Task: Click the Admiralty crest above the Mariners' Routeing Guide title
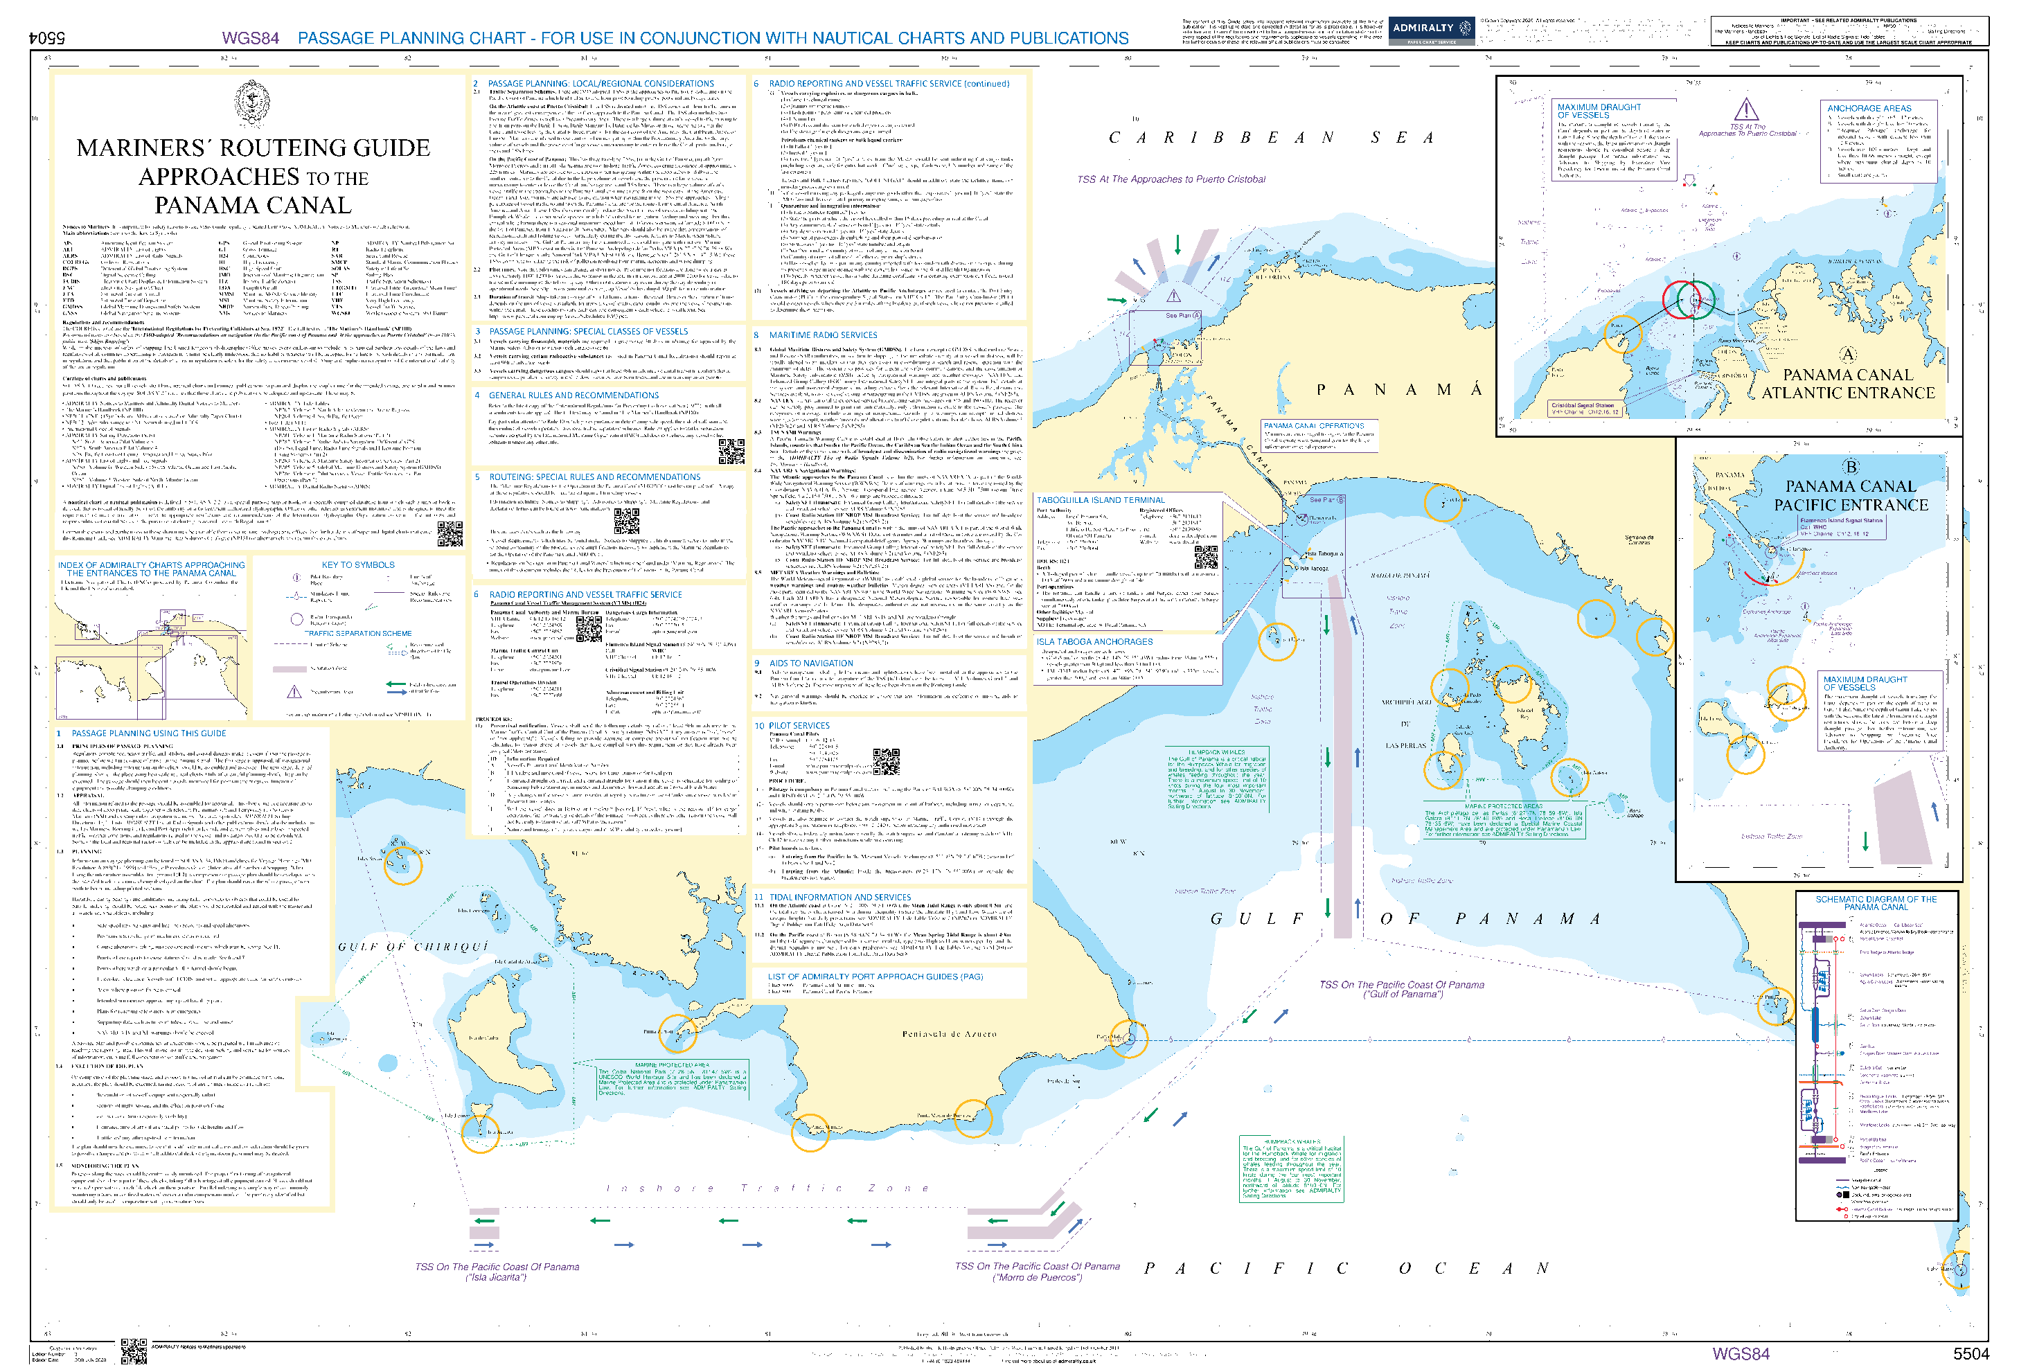pyautogui.click(x=252, y=103)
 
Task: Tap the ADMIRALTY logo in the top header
pyautogui.click(x=1431, y=28)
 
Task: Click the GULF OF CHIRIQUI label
pyautogui.click(x=413, y=946)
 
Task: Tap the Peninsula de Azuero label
pyautogui.click(x=949, y=1034)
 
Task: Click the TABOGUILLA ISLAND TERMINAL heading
pyautogui.click(x=1100, y=501)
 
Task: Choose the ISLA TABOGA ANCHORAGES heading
pyautogui.click(x=1094, y=642)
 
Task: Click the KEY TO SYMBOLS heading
pyautogui.click(x=358, y=564)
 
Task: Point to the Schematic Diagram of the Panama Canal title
pyautogui.click(x=1876, y=903)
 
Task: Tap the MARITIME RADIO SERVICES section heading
pyautogui.click(x=822, y=335)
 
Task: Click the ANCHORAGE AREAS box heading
pyautogui.click(x=1869, y=109)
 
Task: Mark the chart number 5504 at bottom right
pyautogui.click(x=1971, y=1354)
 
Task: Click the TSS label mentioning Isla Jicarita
pyautogui.click(x=497, y=1271)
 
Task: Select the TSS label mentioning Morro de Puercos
pyautogui.click(x=1038, y=1271)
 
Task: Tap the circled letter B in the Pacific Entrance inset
pyautogui.click(x=1851, y=467)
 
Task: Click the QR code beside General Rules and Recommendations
pyautogui.click(x=731, y=451)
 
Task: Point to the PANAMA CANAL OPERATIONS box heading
pyautogui.click(x=1314, y=426)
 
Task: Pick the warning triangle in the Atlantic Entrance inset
pyautogui.click(x=1745, y=110)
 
